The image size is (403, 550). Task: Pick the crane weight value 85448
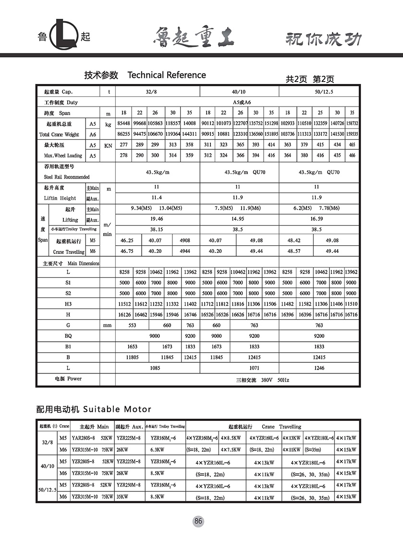coord(123,123)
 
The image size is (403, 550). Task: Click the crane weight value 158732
coord(352,123)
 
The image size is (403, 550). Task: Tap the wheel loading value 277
coord(123,144)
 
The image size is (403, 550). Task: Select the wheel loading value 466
coord(352,155)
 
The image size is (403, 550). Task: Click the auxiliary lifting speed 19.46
coord(157,219)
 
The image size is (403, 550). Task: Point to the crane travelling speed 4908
coord(184,240)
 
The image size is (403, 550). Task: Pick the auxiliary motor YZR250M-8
coord(128,485)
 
